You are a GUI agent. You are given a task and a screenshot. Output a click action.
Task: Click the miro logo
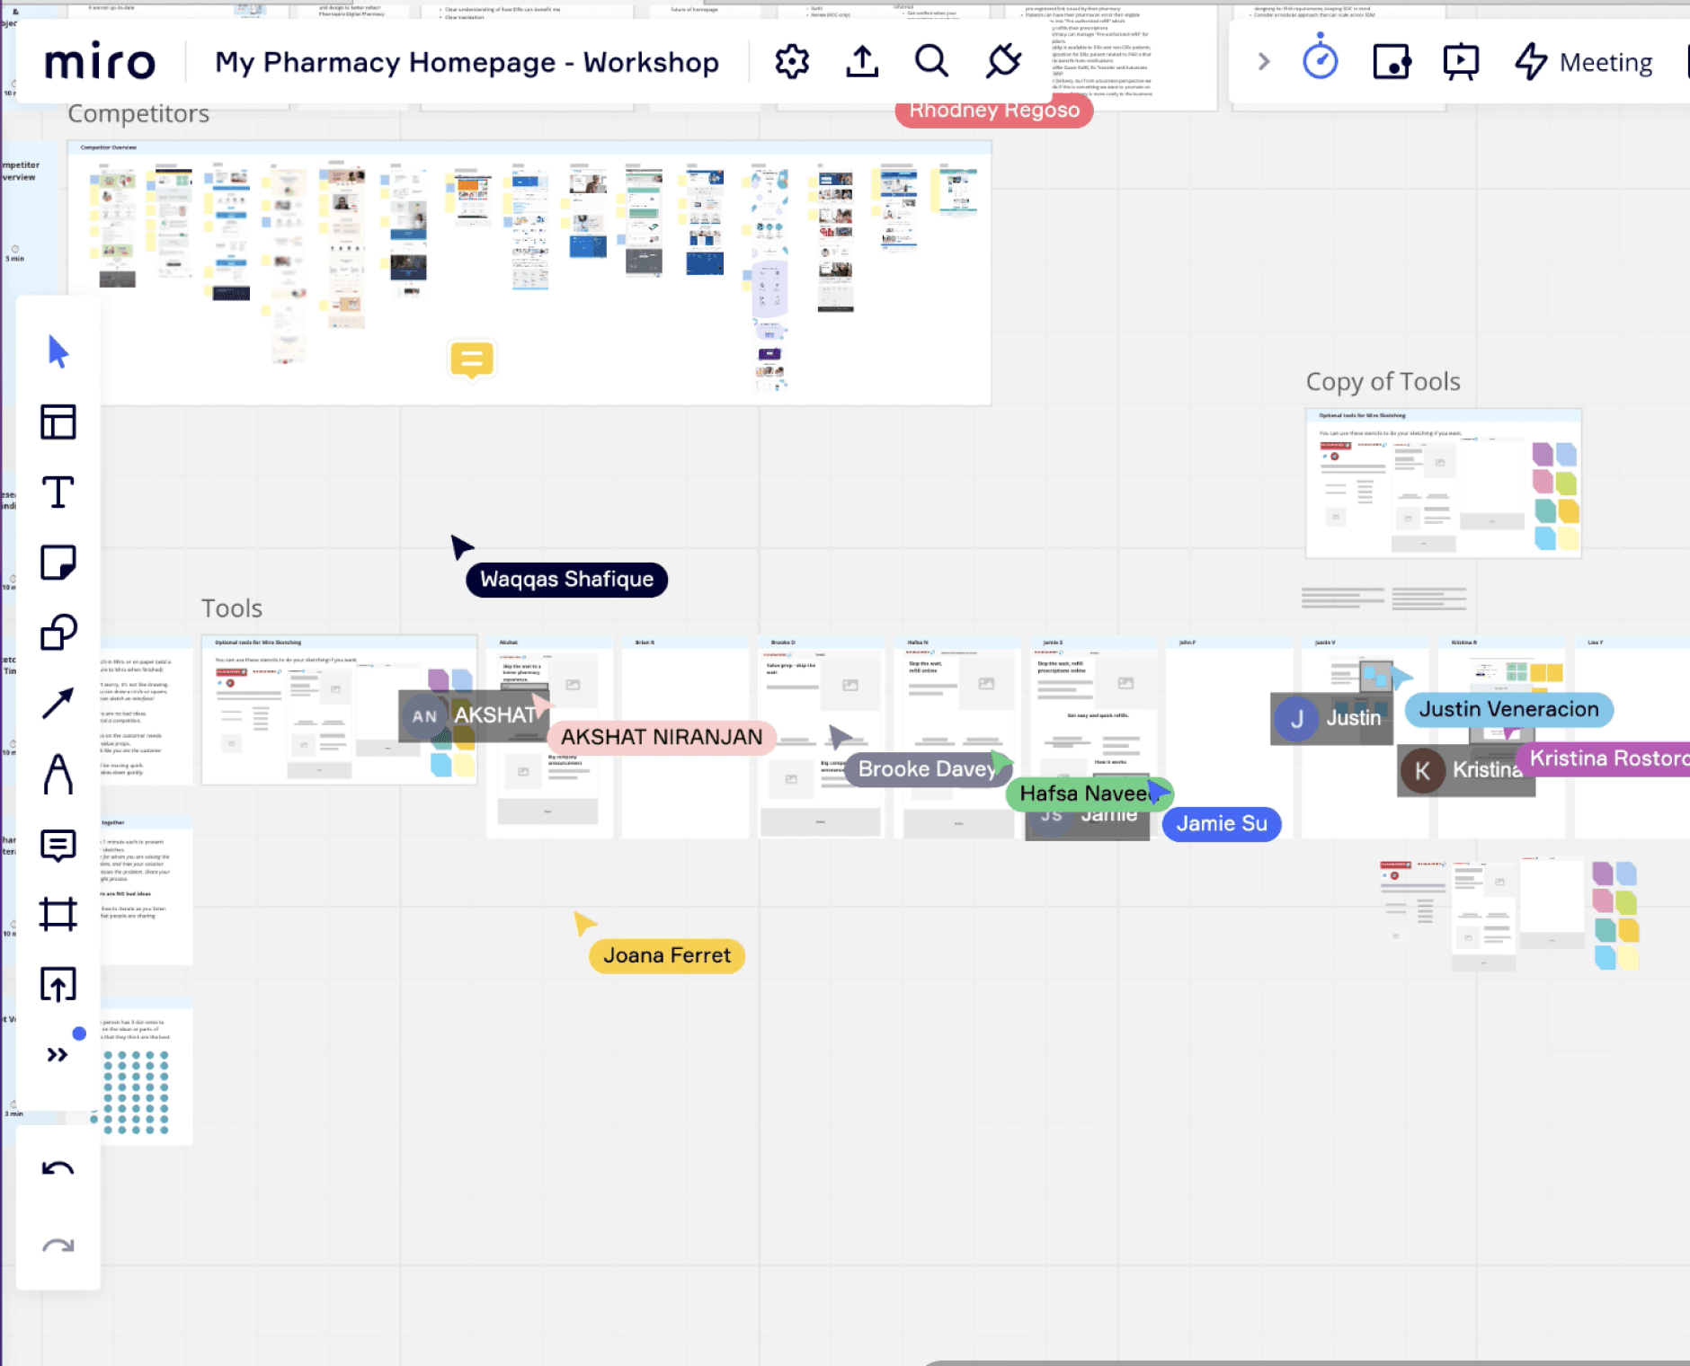tap(100, 62)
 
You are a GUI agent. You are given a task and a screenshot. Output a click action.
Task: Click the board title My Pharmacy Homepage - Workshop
tap(467, 62)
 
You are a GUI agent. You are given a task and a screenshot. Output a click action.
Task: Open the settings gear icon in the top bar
tap(792, 62)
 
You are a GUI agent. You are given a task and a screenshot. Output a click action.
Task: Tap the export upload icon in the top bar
tap(862, 62)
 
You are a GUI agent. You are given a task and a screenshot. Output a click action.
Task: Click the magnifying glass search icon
tap(931, 62)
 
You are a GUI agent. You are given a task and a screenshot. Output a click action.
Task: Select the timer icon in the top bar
tap(1320, 60)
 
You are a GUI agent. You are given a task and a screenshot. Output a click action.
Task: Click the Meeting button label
tap(1605, 62)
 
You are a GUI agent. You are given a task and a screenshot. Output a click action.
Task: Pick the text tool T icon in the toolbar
tap(58, 492)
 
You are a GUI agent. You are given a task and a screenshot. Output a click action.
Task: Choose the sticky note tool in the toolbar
tap(58, 563)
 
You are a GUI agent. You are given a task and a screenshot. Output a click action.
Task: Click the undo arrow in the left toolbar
tap(58, 1169)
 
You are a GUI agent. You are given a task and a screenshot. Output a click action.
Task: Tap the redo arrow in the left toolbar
tap(58, 1246)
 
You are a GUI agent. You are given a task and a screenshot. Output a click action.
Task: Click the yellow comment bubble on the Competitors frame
tap(472, 359)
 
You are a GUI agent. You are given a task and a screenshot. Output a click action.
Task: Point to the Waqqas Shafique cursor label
tap(566, 580)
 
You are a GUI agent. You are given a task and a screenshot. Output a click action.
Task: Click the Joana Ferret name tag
tap(666, 955)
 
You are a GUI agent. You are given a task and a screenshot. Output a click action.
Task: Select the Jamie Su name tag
tap(1221, 823)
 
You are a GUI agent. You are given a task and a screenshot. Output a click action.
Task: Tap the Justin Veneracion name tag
tap(1508, 709)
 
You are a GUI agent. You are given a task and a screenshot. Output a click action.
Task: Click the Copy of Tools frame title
tap(1383, 382)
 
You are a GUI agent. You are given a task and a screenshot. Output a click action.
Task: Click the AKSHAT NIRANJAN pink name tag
tap(662, 737)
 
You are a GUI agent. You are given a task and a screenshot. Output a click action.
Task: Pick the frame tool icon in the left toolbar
tap(58, 914)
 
